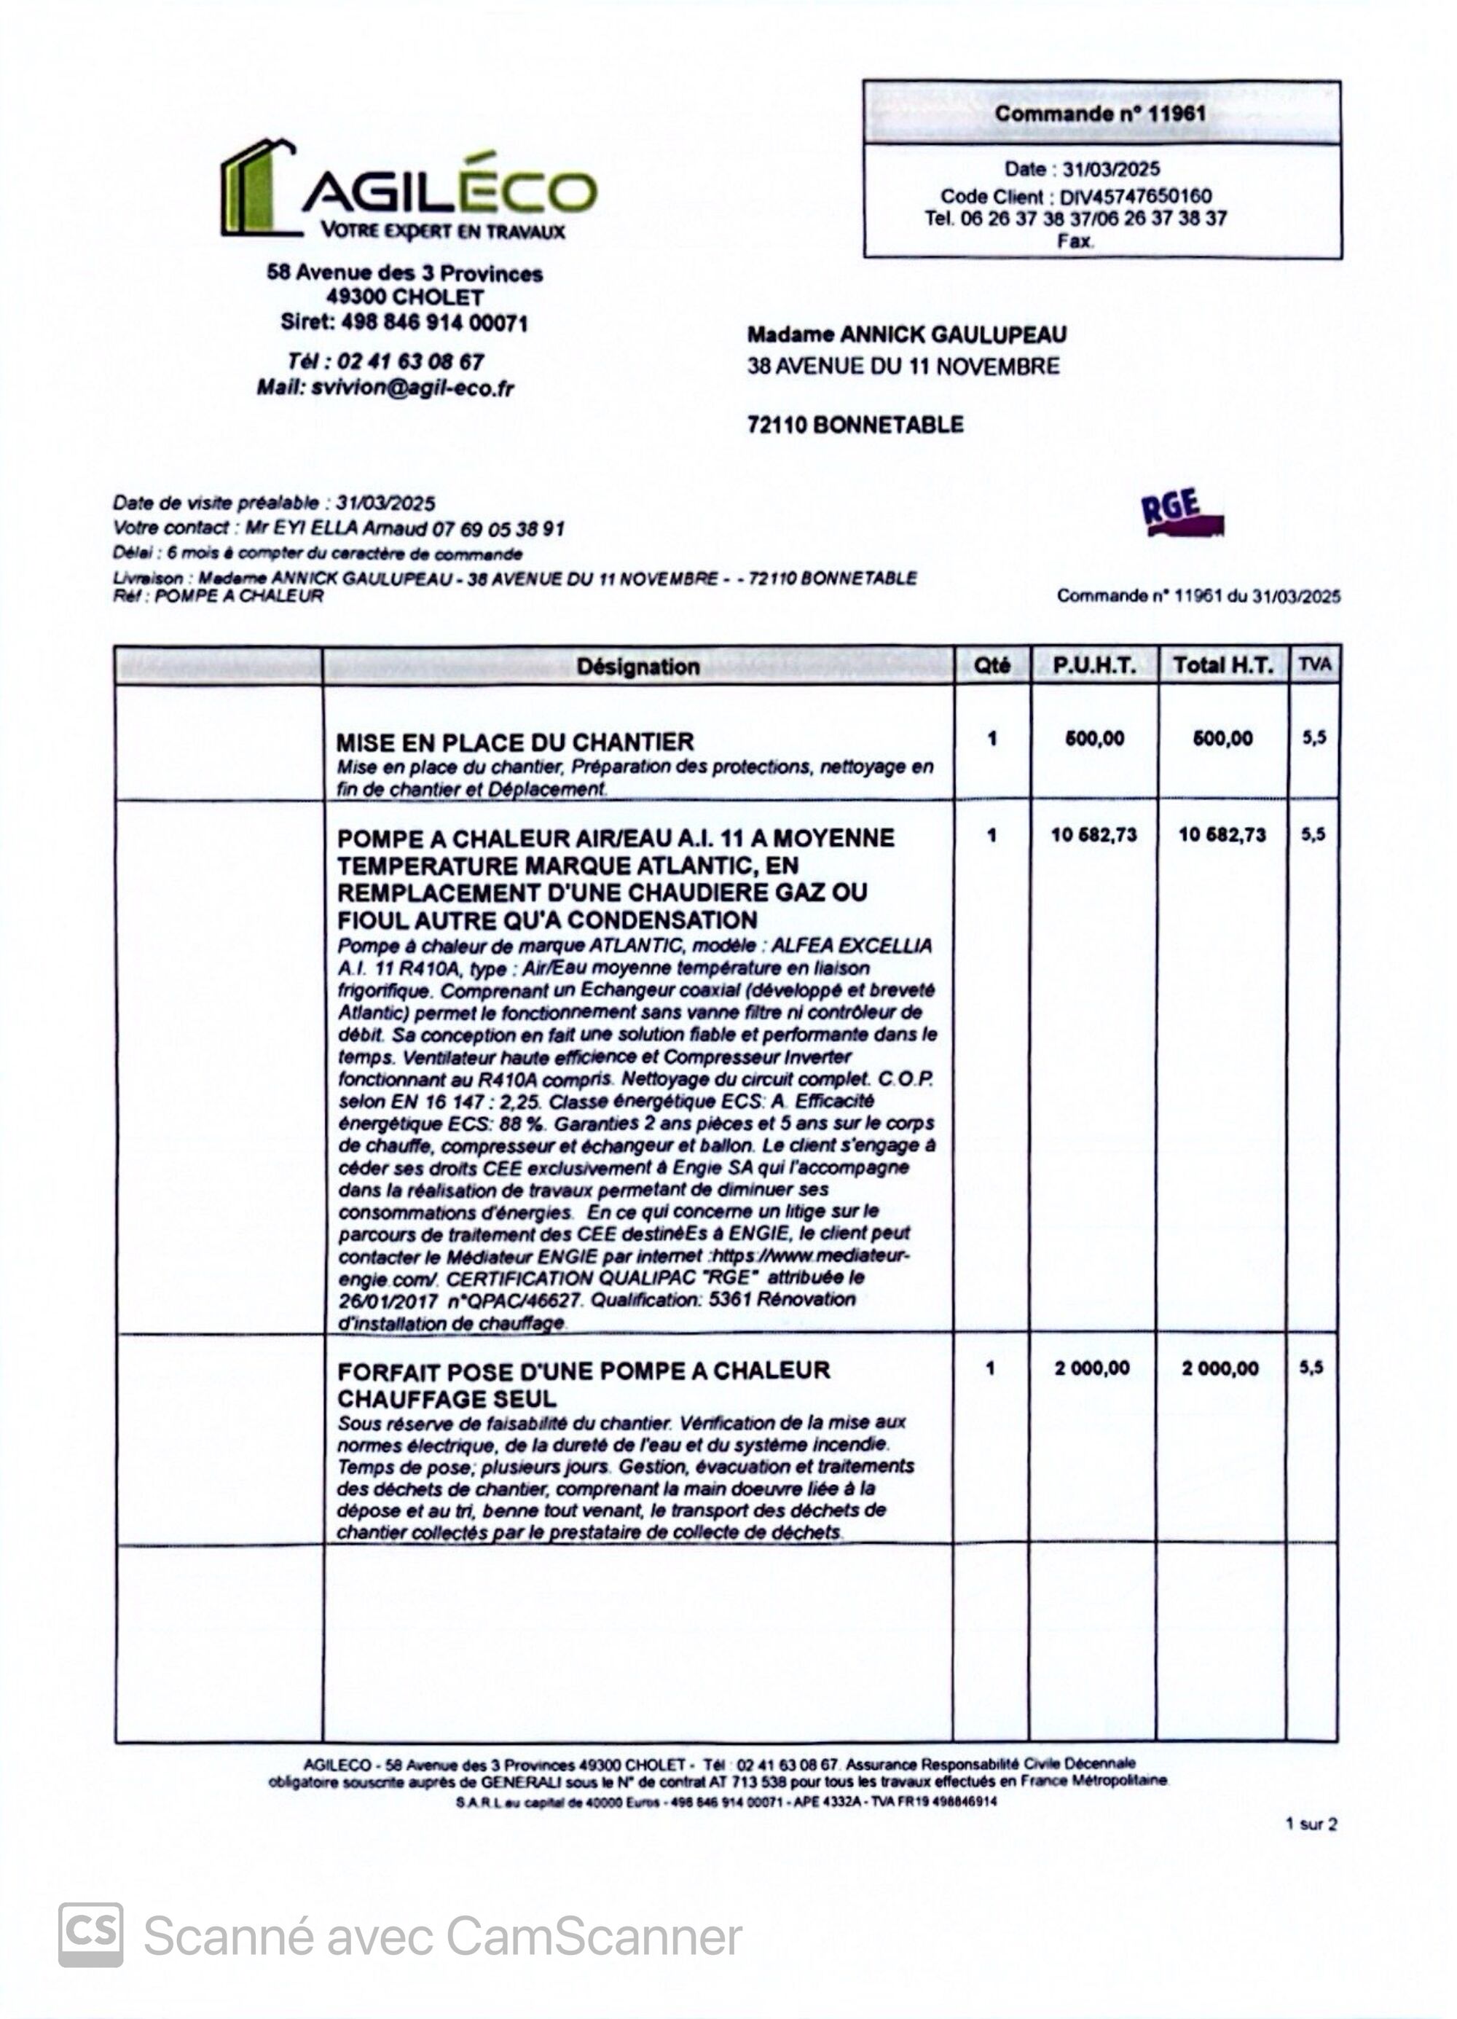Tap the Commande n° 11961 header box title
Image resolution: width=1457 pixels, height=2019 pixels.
pos(1100,114)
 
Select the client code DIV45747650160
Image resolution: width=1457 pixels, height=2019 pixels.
pos(1135,196)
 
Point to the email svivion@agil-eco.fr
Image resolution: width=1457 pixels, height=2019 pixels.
pos(412,388)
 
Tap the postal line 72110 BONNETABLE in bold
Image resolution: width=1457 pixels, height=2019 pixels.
pos(855,424)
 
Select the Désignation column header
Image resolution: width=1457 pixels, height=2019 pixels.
pos(637,666)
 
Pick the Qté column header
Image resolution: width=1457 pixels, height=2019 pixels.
pos(991,665)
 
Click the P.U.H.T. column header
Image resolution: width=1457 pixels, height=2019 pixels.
pos(1094,665)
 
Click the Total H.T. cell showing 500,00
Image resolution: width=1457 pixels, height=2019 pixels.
pos(1222,738)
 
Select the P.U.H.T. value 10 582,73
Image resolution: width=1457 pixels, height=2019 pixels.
pos(1094,834)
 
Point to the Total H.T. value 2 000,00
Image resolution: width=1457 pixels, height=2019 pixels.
pos(1220,1368)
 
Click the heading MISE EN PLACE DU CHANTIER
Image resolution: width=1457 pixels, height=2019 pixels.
pos(514,742)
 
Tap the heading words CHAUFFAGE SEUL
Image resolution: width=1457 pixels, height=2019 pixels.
pos(447,1397)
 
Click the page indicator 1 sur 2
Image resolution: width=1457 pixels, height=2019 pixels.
pos(1310,1824)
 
